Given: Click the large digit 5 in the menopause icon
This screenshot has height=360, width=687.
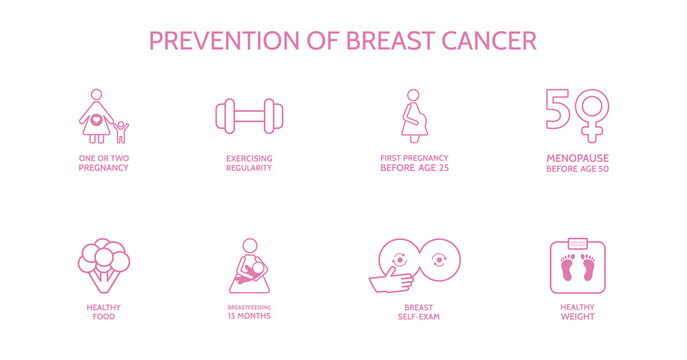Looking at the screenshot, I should (558, 109).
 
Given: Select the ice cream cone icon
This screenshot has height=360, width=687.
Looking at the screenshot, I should (104, 263).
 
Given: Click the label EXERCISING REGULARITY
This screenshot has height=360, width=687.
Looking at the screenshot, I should (248, 163).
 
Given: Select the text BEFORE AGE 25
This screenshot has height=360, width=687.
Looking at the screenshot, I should (414, 168).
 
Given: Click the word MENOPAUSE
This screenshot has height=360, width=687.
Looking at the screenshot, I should (577, 158).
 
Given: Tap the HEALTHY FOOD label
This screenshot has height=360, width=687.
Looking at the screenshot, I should (103, 311).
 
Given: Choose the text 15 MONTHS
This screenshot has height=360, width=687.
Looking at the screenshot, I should (249, 316).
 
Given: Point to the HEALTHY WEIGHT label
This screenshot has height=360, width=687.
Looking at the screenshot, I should (577, 311).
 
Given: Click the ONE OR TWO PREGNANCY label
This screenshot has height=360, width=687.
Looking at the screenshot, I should (103, 163).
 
